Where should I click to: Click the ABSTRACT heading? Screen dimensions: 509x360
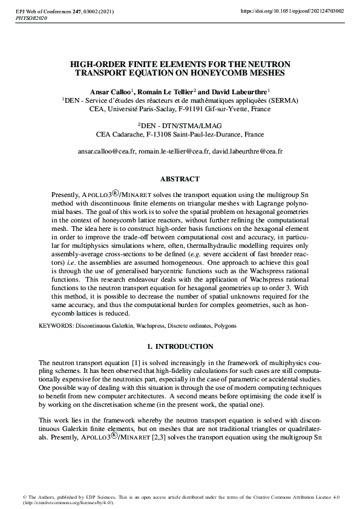point(180,180)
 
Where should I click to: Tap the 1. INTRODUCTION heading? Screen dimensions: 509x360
point(180,346)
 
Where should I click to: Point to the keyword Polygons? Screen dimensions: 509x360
point(224,326)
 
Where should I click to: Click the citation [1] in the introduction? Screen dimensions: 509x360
point(122,361)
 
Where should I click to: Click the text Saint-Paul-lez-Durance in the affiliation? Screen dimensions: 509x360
point(199,134)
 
